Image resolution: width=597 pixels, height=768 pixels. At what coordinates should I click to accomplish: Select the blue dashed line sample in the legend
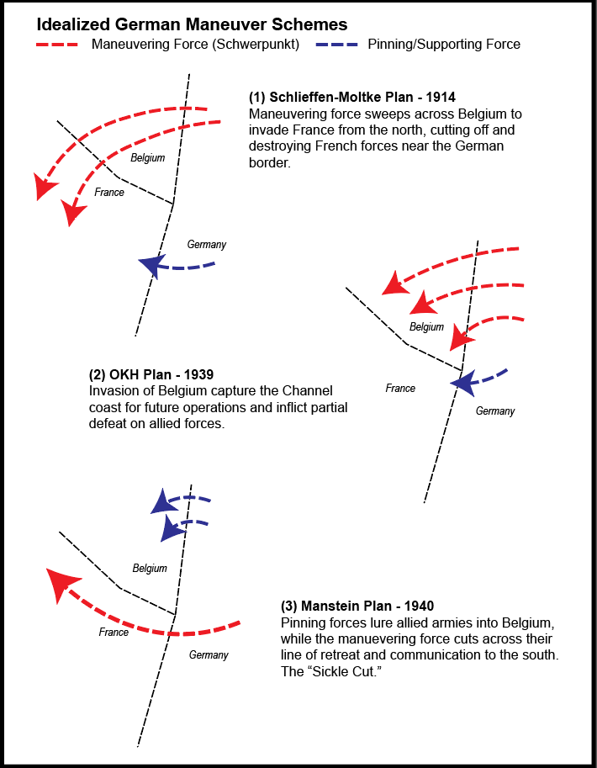341,45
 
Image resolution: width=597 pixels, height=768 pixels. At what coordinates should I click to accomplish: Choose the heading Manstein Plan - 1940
357,606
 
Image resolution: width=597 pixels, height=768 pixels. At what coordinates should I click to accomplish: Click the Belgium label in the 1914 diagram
148,157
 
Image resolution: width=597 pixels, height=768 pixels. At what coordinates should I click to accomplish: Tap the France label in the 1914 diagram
109,193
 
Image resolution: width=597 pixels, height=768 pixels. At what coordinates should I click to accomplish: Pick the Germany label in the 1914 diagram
207,245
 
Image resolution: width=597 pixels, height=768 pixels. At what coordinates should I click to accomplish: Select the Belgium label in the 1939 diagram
426,326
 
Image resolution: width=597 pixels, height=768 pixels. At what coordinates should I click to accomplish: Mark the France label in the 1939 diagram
400,389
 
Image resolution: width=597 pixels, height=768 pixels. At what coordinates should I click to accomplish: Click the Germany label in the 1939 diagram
495,411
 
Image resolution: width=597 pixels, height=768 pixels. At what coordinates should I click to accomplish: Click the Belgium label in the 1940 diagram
150,569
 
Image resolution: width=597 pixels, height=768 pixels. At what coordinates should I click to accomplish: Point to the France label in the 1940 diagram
114,632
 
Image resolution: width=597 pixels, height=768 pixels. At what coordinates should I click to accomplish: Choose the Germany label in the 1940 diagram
209,655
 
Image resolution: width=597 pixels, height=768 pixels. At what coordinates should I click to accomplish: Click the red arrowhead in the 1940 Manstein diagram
62,583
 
